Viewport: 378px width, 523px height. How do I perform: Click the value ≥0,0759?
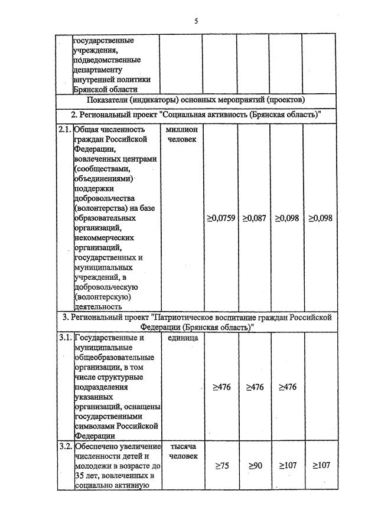(220, 218)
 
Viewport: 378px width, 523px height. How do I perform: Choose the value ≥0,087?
(254, 218)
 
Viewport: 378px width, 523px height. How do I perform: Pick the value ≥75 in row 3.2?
(220, 466)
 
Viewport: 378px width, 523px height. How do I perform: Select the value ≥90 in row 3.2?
(255, 466)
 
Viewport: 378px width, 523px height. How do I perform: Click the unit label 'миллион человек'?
(181, 134)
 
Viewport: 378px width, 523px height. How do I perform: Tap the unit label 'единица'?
(181, 338)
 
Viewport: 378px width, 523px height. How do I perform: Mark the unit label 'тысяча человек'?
(181, 451)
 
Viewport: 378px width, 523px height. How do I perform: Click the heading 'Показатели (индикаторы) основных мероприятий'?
(195, 99)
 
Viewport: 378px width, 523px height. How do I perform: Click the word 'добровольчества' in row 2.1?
(105, 198)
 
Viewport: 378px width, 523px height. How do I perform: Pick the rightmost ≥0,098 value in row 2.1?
(320, 218)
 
